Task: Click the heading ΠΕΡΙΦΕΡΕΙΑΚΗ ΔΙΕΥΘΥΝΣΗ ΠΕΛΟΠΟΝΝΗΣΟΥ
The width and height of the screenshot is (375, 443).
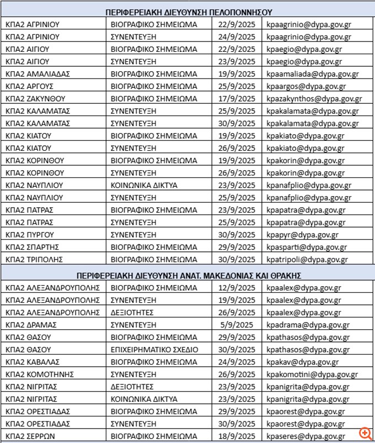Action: tap(189, 12)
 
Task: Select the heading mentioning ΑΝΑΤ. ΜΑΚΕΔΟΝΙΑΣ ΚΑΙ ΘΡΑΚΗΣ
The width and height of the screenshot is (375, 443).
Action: tap(189, 275)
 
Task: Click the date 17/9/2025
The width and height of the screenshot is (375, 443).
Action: tap(237, 99)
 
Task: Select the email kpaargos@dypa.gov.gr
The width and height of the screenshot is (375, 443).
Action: tap(304, 87)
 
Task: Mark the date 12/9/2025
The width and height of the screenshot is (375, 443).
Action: tap(237, 288)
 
